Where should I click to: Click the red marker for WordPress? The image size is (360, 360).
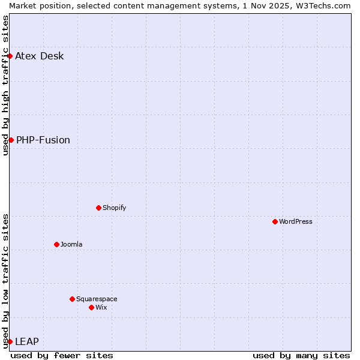[x=275, y=221]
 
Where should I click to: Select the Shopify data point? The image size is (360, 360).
[x=98, y=208]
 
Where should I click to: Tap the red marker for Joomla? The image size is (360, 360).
[x=56, y=244]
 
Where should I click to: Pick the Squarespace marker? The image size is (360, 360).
[x=72, y=299]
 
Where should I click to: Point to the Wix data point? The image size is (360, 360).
[x=91, y=307]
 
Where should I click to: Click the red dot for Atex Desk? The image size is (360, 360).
[x=10, y=56]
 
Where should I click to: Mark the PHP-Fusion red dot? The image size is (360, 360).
[x=11, y=140]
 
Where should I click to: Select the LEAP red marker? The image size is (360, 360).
[x=10, y=341]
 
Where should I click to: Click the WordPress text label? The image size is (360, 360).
[x=296, y=221]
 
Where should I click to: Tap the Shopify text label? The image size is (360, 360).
[x=114, y=208]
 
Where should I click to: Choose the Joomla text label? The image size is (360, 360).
[x=71, y=244]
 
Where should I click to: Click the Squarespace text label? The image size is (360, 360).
[x=97, y=299]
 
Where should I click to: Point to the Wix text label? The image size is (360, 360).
[x=101, y=307]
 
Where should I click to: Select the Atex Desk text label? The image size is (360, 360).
[x=40, y=56]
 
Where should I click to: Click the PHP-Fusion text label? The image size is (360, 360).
[x=43, y=140]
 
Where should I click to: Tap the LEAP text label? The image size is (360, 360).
[x=27, y=341]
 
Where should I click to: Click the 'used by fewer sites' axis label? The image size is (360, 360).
[x=62, y=355]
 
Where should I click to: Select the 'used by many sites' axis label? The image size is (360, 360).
[x=301, y=355]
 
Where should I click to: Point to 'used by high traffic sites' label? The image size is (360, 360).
[x=5, y=85]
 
